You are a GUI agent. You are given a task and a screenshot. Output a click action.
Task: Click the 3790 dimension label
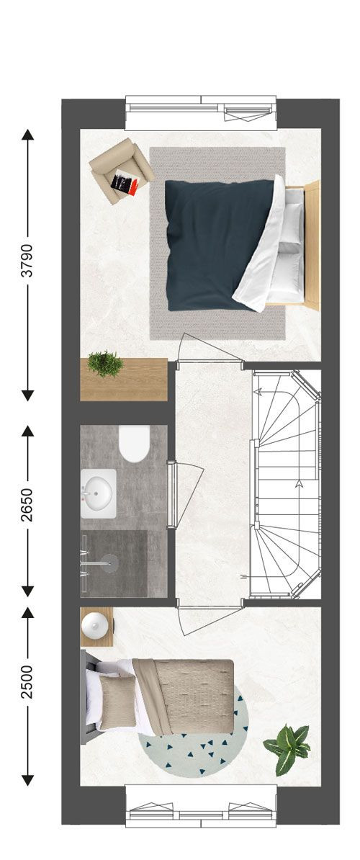click(x=27, y=260)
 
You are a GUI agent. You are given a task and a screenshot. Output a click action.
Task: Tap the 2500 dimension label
click(x=27, y=682)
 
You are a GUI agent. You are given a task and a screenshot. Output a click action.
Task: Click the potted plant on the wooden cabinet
click(x=105, y=364)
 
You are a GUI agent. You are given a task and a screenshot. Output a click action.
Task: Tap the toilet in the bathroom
click(x=134, y=443)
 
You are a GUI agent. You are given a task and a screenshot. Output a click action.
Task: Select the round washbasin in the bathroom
click(x=98, y=493)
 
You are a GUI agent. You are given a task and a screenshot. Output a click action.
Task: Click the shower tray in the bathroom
click(x=114, y=563)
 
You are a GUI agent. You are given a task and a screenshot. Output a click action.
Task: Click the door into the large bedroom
click(x=209, y=348)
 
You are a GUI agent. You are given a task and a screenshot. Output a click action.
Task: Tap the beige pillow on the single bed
click(x=117, y=702)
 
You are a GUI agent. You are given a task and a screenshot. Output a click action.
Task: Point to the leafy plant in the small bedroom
click(x=287, y=748)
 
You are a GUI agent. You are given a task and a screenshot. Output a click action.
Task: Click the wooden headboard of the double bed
click(x=312, y=245)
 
